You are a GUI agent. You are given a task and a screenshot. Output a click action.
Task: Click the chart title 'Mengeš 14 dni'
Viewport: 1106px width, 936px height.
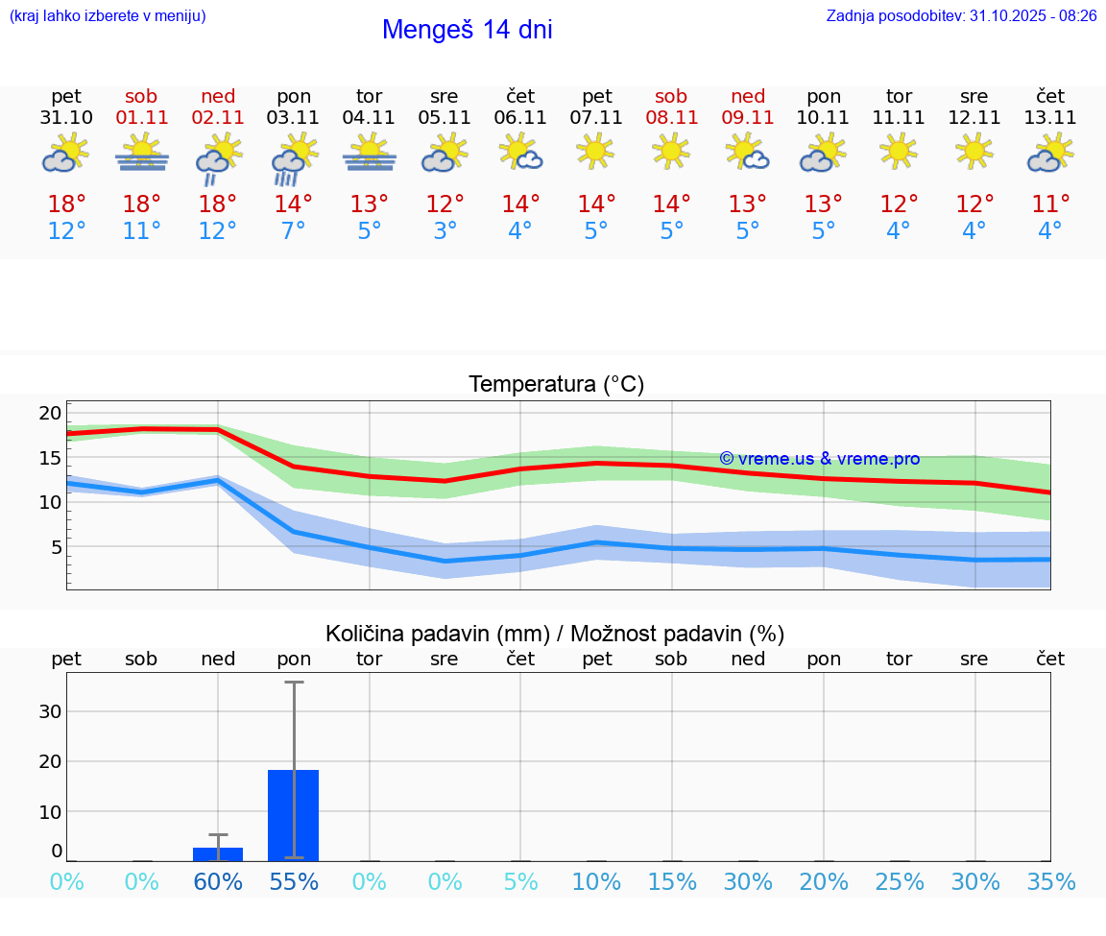[x=467, y=30]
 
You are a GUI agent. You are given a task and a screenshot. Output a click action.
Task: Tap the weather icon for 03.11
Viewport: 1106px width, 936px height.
[x=294, y=158]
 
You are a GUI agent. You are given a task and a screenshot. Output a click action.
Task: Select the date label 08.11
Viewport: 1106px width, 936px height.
[x=671, y=118]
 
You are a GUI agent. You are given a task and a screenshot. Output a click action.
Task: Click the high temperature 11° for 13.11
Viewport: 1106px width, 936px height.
[x=1050, y=204]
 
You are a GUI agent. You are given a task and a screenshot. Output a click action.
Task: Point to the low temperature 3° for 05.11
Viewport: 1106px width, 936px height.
[x=445, y=231]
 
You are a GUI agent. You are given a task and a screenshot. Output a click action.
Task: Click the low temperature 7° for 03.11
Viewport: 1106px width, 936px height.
[x=294, y=231]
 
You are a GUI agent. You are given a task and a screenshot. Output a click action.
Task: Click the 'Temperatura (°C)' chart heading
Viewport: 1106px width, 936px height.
[x=556, y=384]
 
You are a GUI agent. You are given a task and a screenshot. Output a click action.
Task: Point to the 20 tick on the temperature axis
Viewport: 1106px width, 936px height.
[x=50, y=413]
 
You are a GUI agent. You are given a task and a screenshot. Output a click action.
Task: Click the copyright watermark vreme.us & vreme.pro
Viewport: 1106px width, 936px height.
[x=819, y=459]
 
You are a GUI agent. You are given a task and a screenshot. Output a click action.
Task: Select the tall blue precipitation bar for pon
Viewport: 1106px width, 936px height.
[x=294, y=815]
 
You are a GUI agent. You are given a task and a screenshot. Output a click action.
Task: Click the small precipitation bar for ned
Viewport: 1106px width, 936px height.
[x=218, y=853]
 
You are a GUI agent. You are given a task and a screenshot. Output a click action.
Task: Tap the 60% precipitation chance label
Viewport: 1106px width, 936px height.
[x=218, y=881]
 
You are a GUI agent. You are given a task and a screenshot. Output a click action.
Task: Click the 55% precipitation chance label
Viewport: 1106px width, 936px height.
[x=294, y=881]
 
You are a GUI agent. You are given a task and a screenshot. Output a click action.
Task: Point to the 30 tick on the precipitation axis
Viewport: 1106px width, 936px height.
[x=50, y=711]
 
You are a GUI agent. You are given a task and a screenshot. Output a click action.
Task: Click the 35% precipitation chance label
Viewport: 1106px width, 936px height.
[x=1050, y=881]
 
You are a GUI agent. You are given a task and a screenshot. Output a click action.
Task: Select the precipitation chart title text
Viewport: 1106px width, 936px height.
[x=555, y=634]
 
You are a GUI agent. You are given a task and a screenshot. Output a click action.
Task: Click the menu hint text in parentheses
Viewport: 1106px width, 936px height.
[x=107, y=15]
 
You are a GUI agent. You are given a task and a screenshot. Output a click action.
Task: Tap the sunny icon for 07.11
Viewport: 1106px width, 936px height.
[x=595, y=152]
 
